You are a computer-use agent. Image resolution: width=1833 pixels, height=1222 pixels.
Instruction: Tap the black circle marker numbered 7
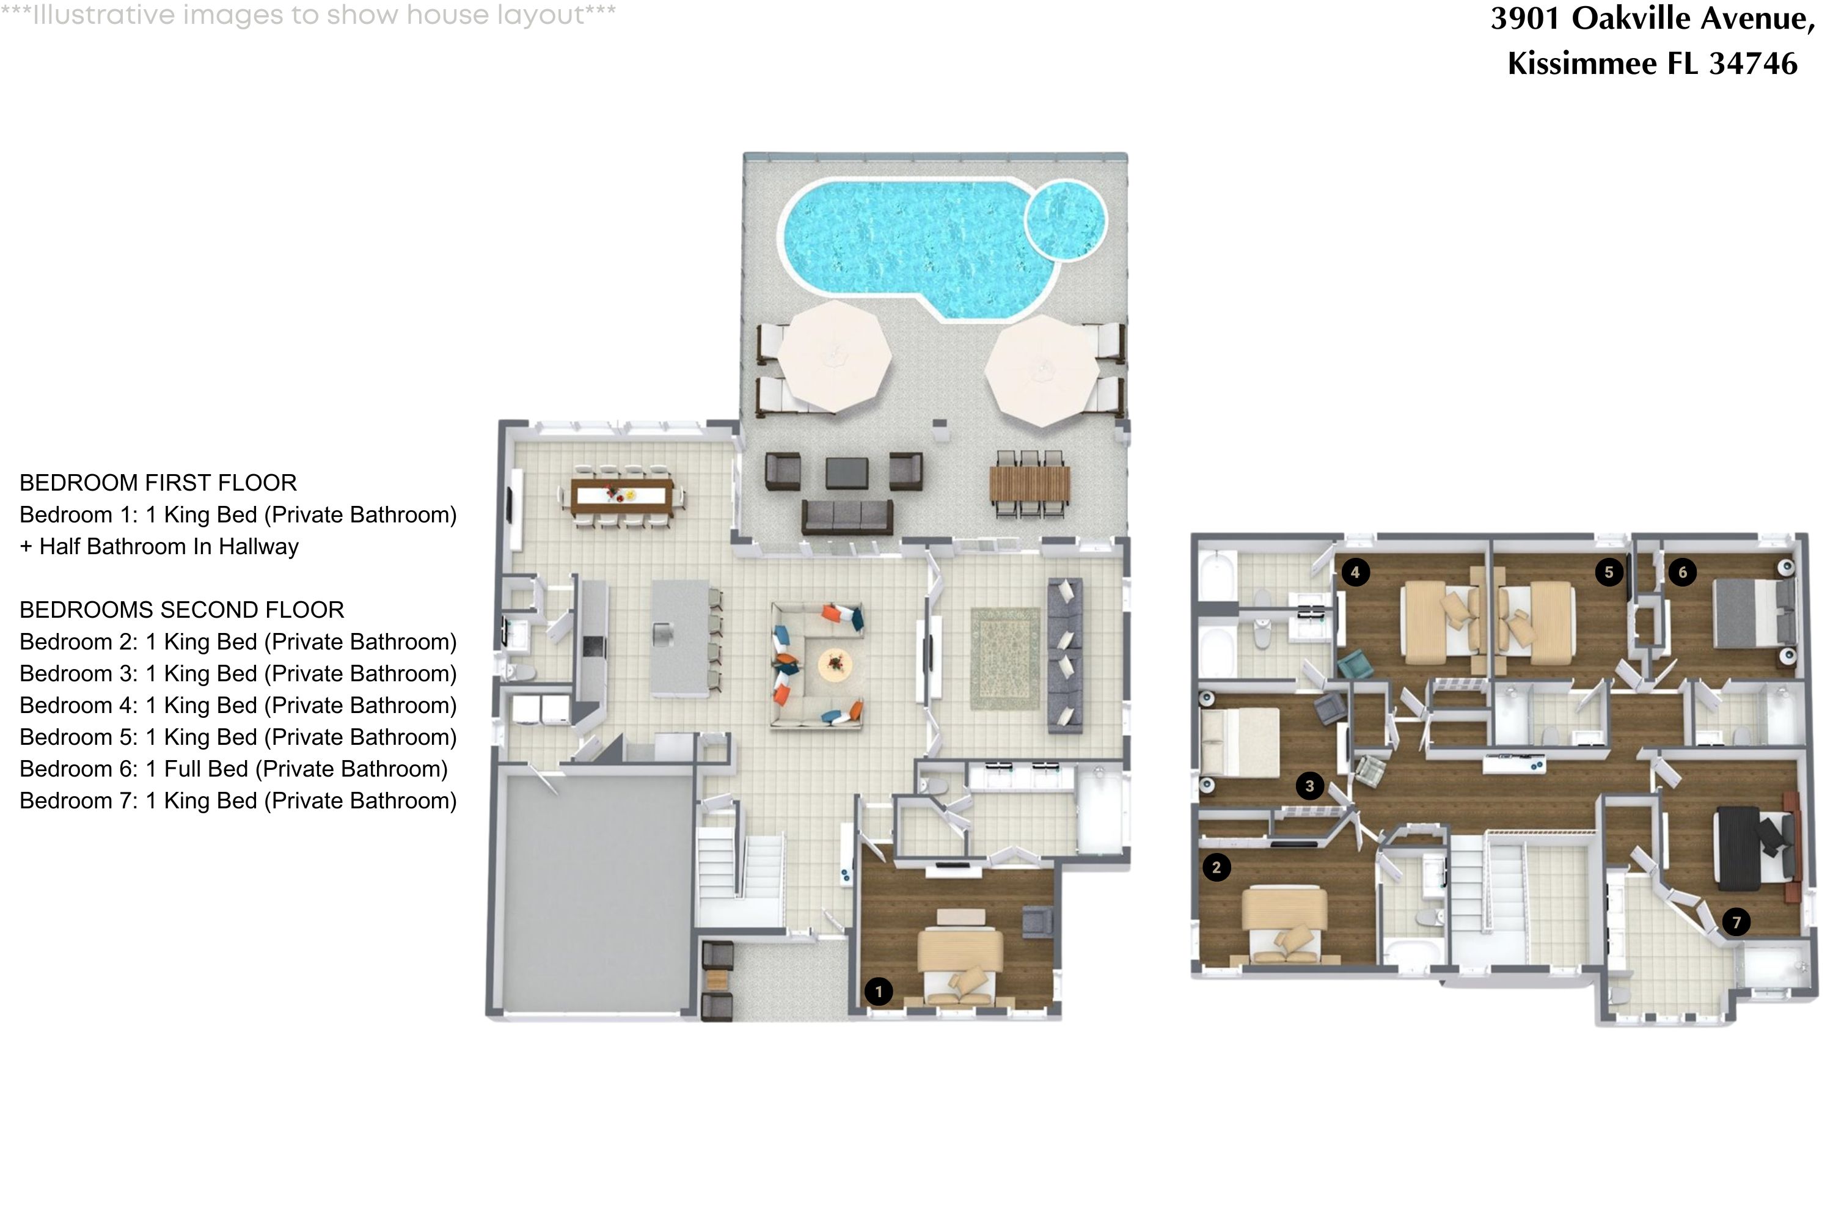(x=1736, y=923)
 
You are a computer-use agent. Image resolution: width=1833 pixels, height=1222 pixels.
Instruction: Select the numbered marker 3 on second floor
(x=1309, y=786)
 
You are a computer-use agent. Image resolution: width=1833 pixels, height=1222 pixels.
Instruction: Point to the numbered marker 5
(x=1609, y=572)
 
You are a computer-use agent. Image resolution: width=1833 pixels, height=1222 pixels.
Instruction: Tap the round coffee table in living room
(x=835, y=664)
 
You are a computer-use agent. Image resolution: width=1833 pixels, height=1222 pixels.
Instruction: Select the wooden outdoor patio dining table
(x=1029, y=485)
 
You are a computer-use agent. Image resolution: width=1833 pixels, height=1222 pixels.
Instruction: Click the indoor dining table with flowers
(x=621, y=496)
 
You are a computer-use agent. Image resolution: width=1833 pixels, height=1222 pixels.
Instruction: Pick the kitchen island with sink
(x=679, y=637)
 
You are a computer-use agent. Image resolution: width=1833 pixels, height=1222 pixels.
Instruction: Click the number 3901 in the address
(x=1525, y=18)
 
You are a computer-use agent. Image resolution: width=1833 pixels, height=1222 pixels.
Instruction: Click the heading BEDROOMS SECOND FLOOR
(x=181, y=609)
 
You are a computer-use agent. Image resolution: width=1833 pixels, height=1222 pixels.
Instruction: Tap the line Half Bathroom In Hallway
(x=169, y=546)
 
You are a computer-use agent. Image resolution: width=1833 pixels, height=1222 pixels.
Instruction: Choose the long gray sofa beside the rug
(x=1064, y=654)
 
